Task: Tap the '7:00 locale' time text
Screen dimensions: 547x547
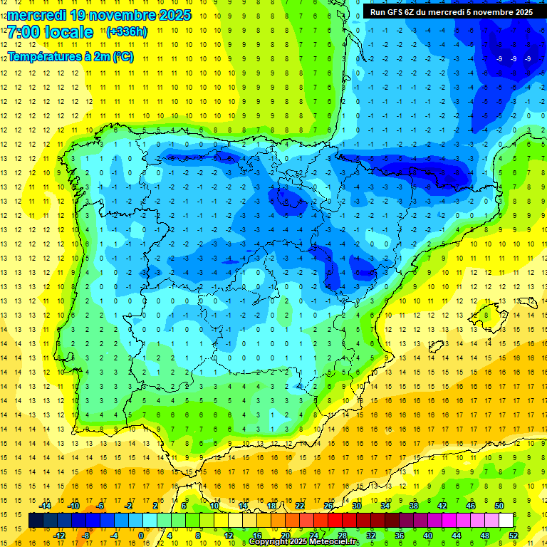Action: point(51,33)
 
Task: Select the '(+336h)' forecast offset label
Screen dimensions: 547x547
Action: point(126,32)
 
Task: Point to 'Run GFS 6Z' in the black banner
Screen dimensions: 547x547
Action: point(393,12)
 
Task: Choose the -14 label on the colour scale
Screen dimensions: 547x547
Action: point(46,505)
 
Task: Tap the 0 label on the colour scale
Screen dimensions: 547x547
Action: point(142,536)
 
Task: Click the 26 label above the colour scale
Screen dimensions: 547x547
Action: point(328,505)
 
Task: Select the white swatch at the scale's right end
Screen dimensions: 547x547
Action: point(506,521)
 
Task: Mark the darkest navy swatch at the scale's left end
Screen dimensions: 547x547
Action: point(36,521)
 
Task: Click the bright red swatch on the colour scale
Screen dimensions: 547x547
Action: point(335,521)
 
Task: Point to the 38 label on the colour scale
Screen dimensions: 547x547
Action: point(414,505)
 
